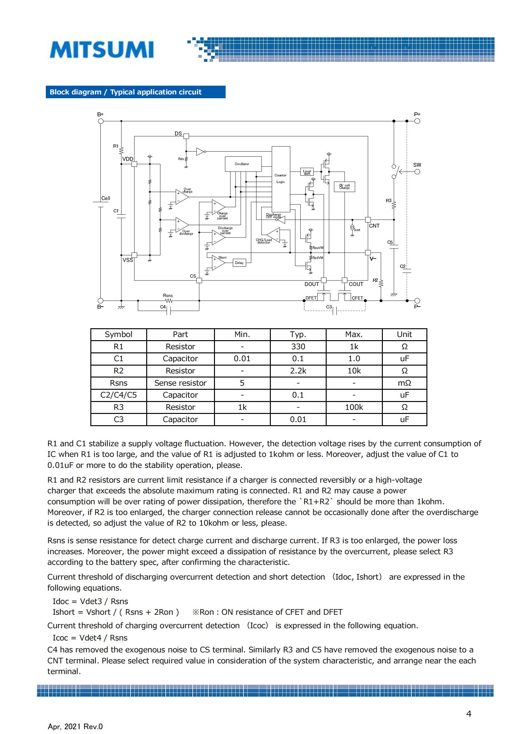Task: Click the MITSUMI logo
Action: pyautogui.click(x=102, y=50)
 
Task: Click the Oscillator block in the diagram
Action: pyautogui.click(x=243, y=164)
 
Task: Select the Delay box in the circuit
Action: pyautogui.click(x=239, y=263)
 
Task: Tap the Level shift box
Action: pyautogui.click(x=307, y=172)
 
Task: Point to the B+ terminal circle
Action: pyautogui.click(x=101, y=121)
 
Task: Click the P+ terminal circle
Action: pyautogui.click(x=417, y=121)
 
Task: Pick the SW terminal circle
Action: pyautogui.click(x=417, y=172)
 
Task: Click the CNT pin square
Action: pyautogui.click(x=368, y=220)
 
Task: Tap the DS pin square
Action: pyautogui.click(x=186, y=136)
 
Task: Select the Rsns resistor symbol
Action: pyautogui.click(x=169, y=301)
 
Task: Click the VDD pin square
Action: pyautogui.click(x=134, y=164)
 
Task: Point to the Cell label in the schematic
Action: pyautogui.click(x=106, y=198)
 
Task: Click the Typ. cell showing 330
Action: pyautogui.click(x=298, y=346)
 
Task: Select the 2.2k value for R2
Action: pyautogui.click(x=298, y=371)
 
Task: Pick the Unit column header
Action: pyautogui.click(x=404, y=335)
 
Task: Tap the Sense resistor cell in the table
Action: pyautogui.click(x=180, y=383)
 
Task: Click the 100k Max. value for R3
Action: pyautogui.click(x=354, y=407)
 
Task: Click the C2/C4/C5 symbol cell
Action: pyautogui.click(x=119, y=395)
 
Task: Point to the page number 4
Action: pyautogui.click(x=469, y=714)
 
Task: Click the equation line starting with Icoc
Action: pyautogui.click(x=90, y=638)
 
